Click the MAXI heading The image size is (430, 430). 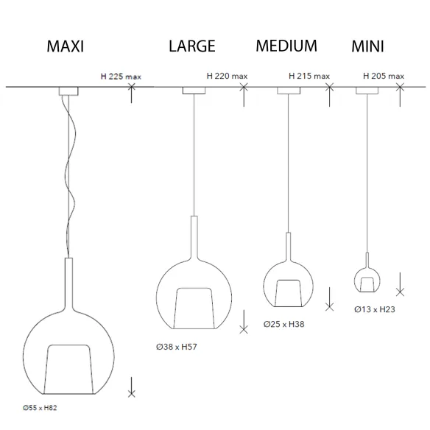pyautogui.click(x=66, y=46)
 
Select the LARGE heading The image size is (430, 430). pyautogui.click(x=192, y=46)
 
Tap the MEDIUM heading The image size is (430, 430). pyautogui.click(x=286, y=46)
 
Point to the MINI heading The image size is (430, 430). pyautogui.click(x=367, y=46)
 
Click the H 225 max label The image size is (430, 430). pyautogui.click(x=121, y=77)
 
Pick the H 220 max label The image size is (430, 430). pyautogui.click(x=227, y=76)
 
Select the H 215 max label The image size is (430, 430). pyautogui.click(x=309, y=76)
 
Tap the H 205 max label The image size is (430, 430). pyautogui.click(x=384, y=76)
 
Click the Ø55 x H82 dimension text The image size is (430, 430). pyautogui.click(x=40, y=408)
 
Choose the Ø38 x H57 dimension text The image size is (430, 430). pyautogui.click(x=177, y=347)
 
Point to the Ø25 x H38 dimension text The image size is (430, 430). pyautogui.click(x=283, y=324)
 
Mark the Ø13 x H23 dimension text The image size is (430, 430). pyautogui.click(x=375, y=309)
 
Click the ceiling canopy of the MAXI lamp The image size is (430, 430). pyautogui.click(x=68, y=91)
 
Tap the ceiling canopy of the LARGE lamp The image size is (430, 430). pyautogui.click(x=194, y=91)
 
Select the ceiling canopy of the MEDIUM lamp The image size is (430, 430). pyautogui.click(x=289, y=91)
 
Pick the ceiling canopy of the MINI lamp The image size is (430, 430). pyautogui.click(x=367, y=91)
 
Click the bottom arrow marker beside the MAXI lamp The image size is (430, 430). pyautogui.click(x=131, y=387)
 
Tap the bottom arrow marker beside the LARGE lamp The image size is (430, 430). pyautogui.click(x=244, y=322)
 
